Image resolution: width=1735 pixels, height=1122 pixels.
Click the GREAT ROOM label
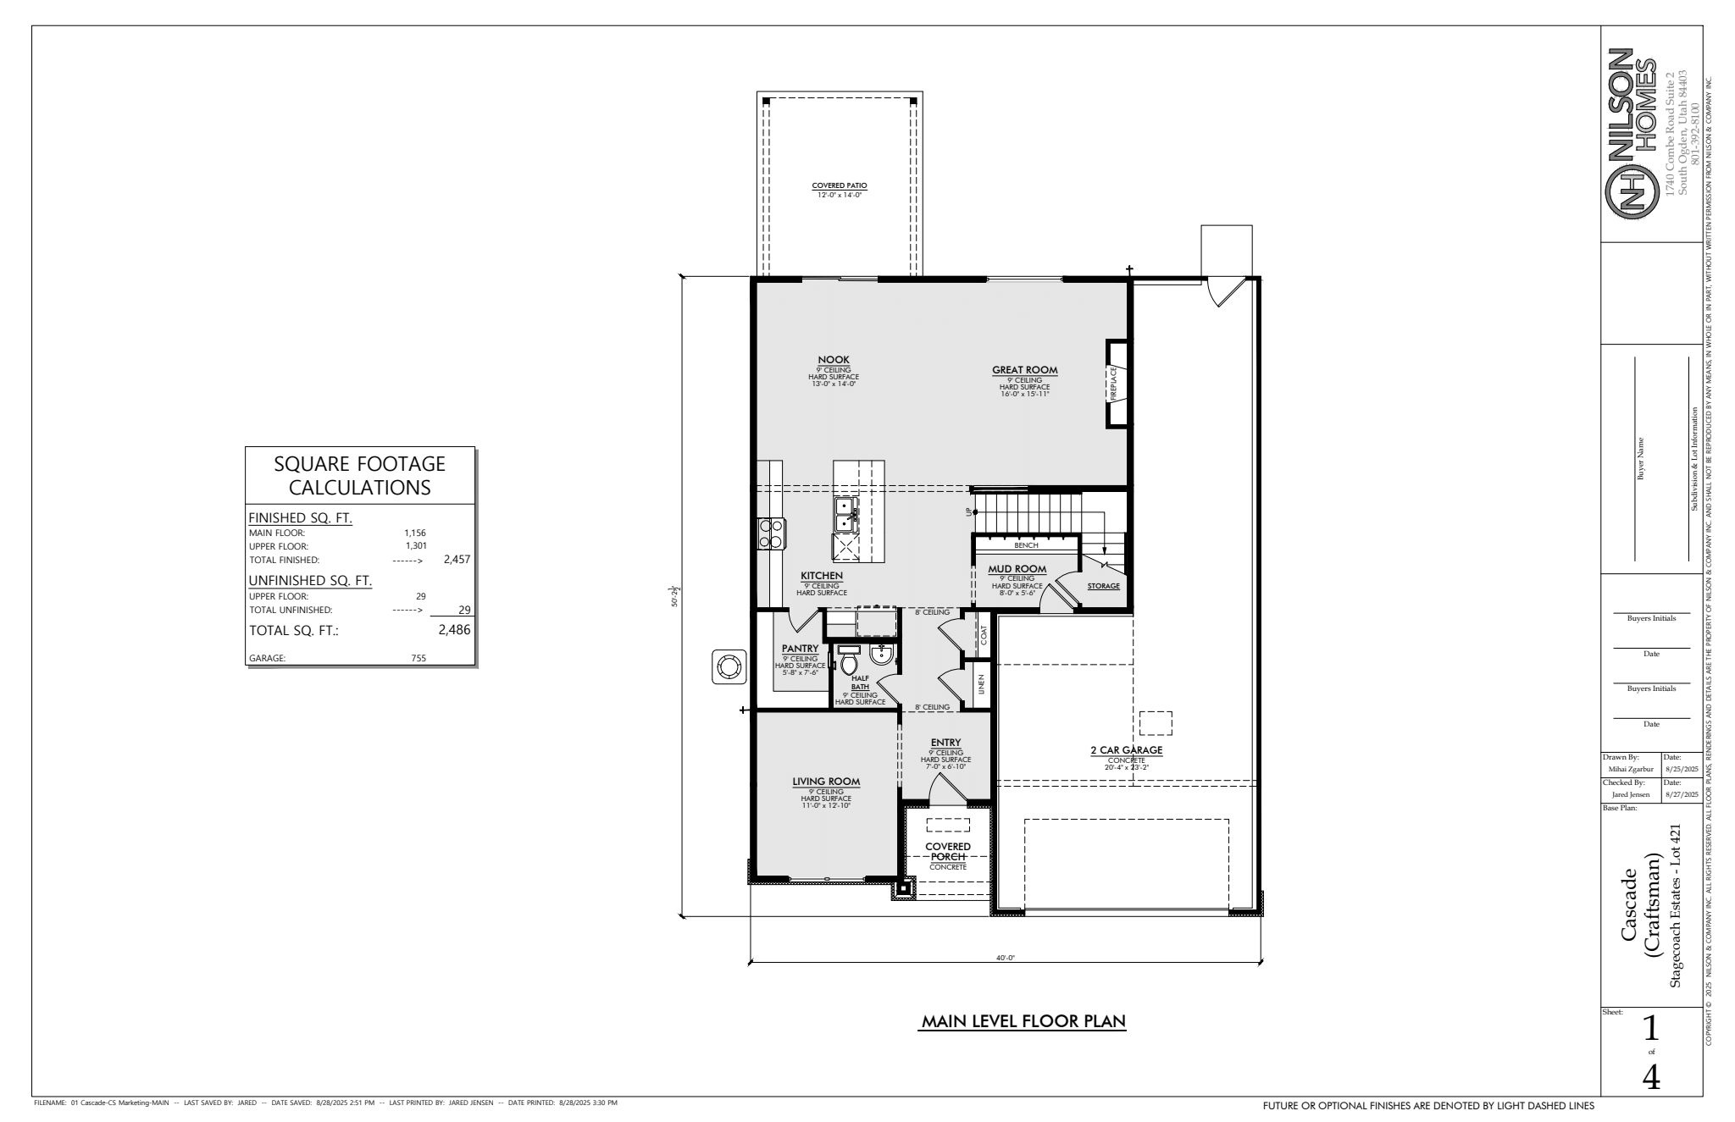point(1025,370)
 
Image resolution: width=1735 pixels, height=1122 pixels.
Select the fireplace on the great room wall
point(1117,383)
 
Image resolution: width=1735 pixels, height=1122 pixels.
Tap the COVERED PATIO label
point(840,185)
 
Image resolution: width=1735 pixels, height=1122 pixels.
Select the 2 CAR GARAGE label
point(1126,750)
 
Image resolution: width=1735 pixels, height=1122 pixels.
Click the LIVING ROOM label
point(826,782)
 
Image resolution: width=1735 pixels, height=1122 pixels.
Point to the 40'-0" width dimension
point(1005,958)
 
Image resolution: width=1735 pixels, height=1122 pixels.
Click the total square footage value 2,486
point(454,630)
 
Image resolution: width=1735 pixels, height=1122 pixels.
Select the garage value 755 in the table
point(419,658)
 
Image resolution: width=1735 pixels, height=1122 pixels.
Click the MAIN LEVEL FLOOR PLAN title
point(1023,1021)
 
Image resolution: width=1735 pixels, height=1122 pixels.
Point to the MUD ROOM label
point(1017,569)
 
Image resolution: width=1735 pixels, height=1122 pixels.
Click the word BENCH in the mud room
point(1026,545)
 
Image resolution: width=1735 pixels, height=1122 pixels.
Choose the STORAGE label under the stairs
point(1103,586)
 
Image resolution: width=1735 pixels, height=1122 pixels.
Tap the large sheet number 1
point(1650,1029)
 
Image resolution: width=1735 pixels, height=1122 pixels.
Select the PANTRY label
point(800,649)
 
